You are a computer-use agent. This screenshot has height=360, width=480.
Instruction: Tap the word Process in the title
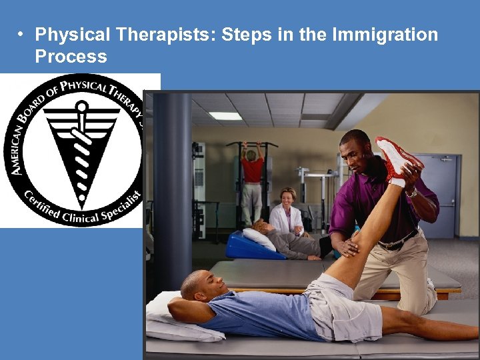[71, 57]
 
